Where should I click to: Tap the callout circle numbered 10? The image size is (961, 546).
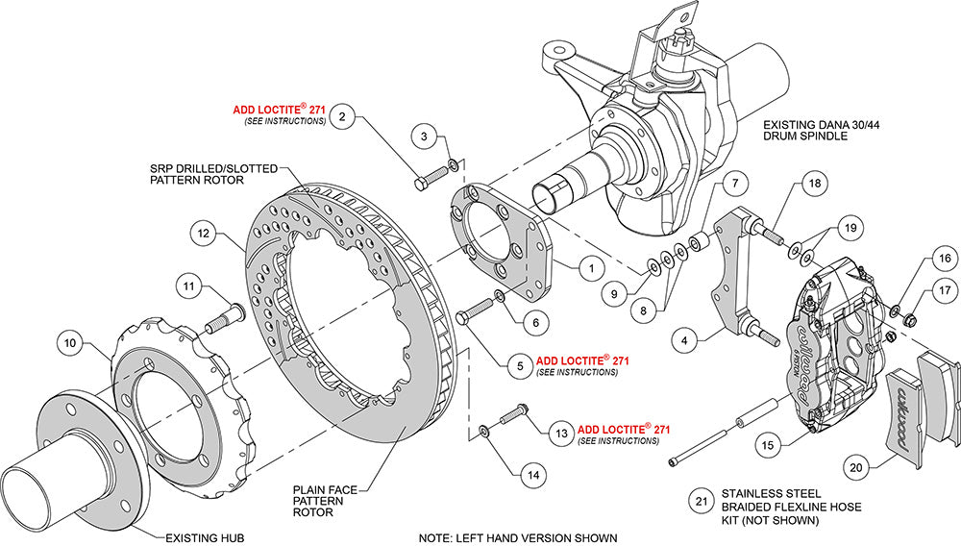(70, 340)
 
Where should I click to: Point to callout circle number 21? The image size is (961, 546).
(701, 501)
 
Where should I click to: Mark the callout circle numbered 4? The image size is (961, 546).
(683, 339)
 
